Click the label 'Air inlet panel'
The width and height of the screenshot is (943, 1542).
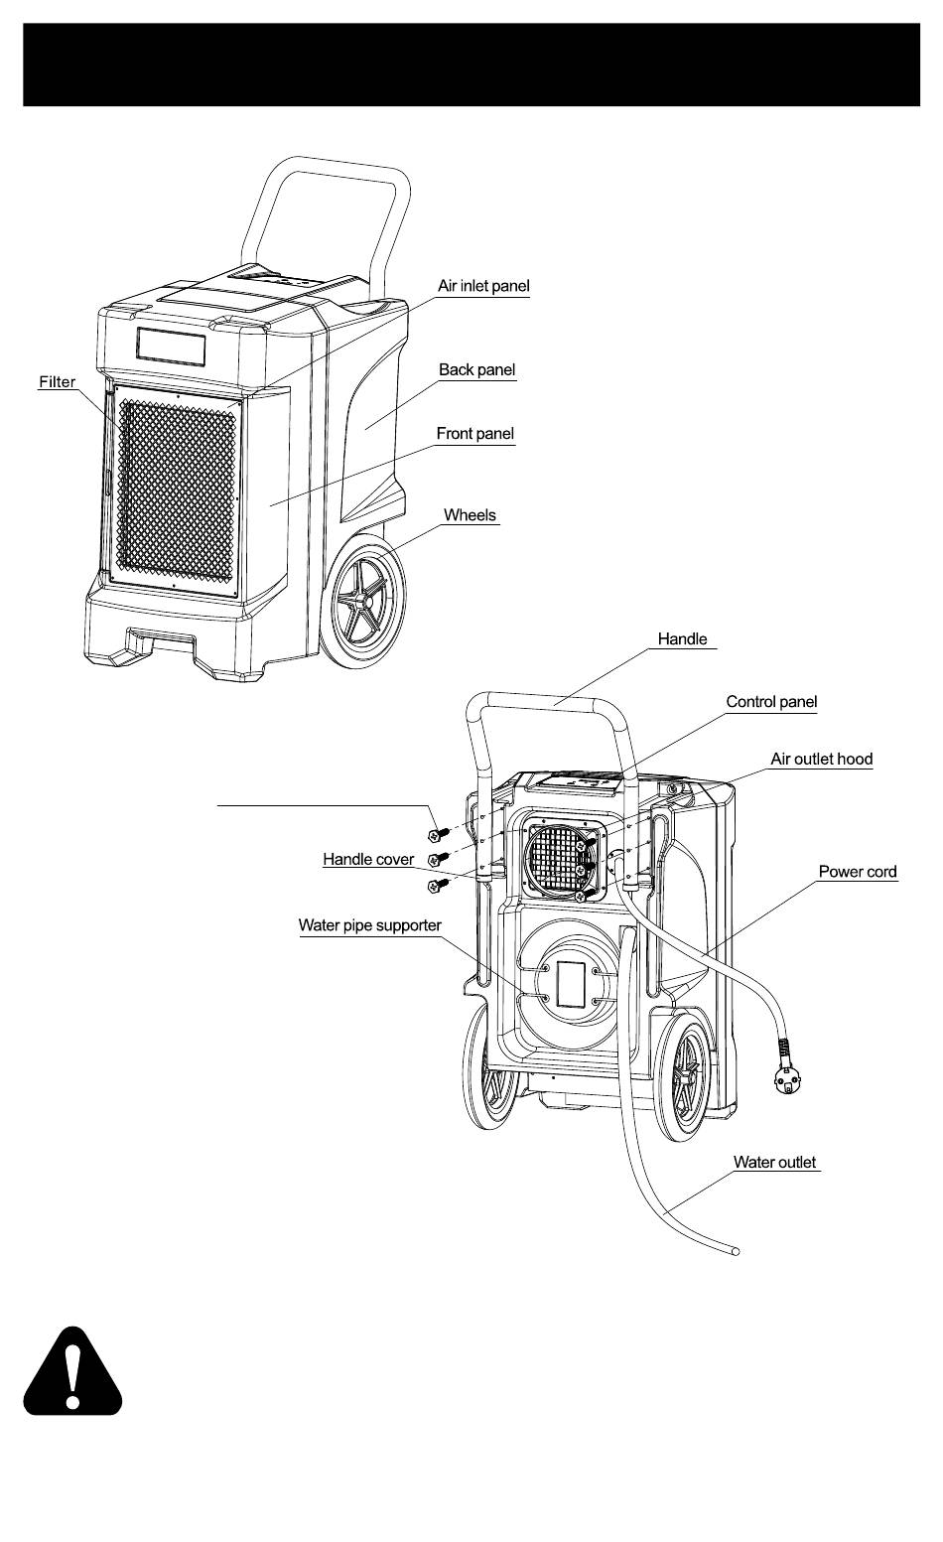pyautogui.click(x=483, y=286)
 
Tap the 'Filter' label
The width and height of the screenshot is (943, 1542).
pyautogui.click(x=58, y=381)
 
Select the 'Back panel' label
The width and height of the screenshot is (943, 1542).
pyautogui.click(x=477, y=369)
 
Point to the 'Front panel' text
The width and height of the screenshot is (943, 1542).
pyautogui.click(x=474, y=434)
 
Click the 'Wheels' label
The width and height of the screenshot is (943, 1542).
pyautogui.click(x=470, y=515)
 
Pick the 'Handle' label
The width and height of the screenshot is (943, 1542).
pyautogui.click(x=682, y=638)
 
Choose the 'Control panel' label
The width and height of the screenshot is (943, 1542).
pyautogui.click(x=771, y=701)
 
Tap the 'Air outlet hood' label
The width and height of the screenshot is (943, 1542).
pyautogui.click(x=821, y=759)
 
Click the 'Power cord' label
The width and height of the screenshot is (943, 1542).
pyautogui.click(x=858, y=872)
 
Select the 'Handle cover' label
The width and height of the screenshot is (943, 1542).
pyautogui.click(x=368, y=859)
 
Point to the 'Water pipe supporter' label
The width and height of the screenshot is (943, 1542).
pyautogui.click(x=369, y=925)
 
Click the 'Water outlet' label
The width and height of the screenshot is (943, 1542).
pyautogui.click(x=774, y=1162)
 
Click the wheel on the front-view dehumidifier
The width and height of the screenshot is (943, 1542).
pyautogui.click(x=368, y=602)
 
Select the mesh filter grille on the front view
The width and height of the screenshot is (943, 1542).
pyautogui.click(x=178, y=490)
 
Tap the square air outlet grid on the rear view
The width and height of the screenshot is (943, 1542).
pyautogui.click(x=560, y=858)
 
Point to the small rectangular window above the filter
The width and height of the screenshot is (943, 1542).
pyautogui.click(x=171, y=347)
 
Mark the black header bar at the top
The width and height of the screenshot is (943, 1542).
pyautogui.click(x=471, y=65)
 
